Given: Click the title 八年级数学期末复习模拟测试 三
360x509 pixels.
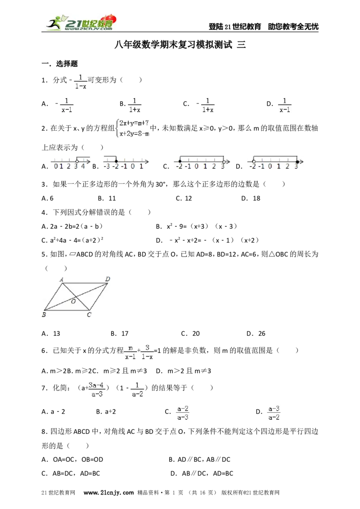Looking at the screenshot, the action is pyautogui.click(x=180, y=45).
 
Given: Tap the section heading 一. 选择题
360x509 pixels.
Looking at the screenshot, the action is pyautogui.click(x=60, y=64).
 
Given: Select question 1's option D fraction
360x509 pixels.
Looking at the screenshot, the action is pyautogui.click(x=284, y=105).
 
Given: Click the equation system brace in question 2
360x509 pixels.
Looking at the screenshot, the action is pyautogui.click(x=117, y=128).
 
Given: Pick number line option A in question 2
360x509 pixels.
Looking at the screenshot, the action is pyautogui.click(x=70, y=163).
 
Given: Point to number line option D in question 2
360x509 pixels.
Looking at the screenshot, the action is pyautogui.click(x=275, y=163).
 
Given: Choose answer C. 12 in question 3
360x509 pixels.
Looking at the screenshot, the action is pyautogui.click(x=184, y=198).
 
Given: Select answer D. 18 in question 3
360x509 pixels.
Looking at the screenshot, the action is pyautogui.click(x=251, y=198).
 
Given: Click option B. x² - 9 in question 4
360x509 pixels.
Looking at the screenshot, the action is pyautogui.click(x=197, y=226).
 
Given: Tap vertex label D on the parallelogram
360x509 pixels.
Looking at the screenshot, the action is pyautogui.click(x=108, y=279).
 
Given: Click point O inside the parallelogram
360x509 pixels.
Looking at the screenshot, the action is pyautogui.click(x=73, y=302).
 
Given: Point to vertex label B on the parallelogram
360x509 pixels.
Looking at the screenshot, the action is pyautogui.click(x=44, y=315).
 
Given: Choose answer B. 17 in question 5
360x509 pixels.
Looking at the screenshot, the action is pyautogui.click(x=120, y=333).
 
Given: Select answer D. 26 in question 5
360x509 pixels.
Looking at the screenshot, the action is pyautogui.click(x=256, y=333).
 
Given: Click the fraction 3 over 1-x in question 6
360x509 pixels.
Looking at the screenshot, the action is pyautogui.click(x=147, y=352).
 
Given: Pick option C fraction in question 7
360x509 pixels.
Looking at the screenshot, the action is pyautogui.click(x=183, y=413).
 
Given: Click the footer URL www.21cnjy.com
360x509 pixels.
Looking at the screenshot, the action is pyautogui.click(x=108, y=492).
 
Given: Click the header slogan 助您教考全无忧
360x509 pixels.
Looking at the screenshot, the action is pyautogui.click(x=293, y=27).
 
